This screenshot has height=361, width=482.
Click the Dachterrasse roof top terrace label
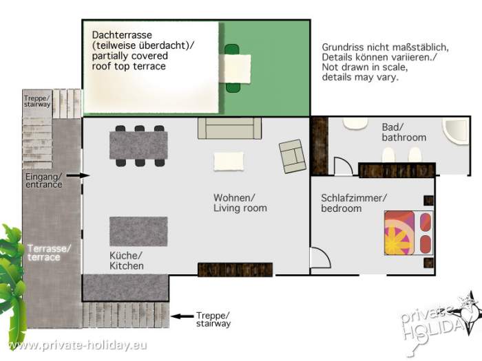point(143,50)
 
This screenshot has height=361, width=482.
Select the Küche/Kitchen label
point(127,261)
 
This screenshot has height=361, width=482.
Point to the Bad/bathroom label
point(404,132)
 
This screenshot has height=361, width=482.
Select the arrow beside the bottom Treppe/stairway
point(180,317)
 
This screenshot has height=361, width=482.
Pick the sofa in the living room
point(229,128)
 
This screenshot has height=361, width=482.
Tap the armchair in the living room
point(293,156)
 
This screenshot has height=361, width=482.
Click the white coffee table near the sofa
point(229,161)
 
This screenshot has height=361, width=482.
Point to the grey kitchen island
point(138,231)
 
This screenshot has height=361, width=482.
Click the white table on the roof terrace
point(238,67)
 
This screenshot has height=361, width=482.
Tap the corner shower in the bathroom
point(455,132)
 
